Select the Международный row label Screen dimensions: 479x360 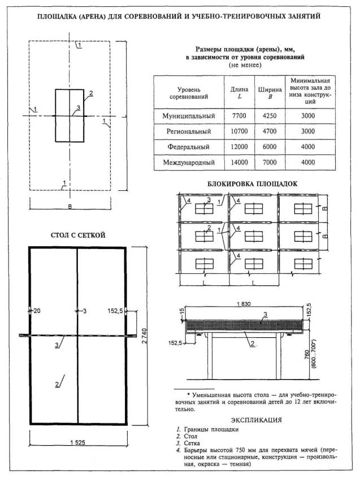click(189, 163)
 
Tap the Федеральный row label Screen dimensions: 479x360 click(189, 147)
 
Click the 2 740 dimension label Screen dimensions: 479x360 click(145, 335)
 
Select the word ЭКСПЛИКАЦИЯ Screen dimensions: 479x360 click(257, 420)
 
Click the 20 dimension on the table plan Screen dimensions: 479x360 click(37, 311)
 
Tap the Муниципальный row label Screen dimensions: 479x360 click(189, 116)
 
